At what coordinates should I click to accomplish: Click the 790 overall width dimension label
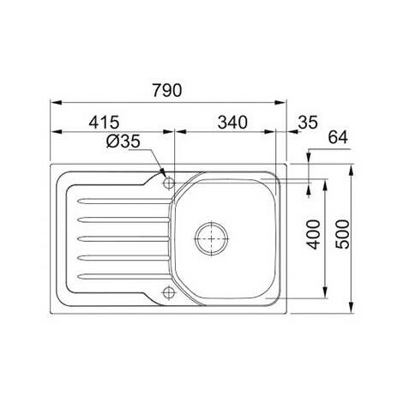[167, 90]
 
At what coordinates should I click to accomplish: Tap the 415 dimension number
[104, 123]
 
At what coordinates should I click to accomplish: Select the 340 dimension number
[232, 123]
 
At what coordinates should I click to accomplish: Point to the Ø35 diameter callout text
[123, 141]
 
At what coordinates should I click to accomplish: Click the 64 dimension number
[338, 137]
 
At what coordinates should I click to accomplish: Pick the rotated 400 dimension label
[313, 234]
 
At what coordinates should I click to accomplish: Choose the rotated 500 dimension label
[342, 234]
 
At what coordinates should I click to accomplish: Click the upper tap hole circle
[169, 182]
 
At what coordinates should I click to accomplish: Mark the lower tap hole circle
[169, 292]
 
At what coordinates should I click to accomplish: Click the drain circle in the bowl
[212, 238]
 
